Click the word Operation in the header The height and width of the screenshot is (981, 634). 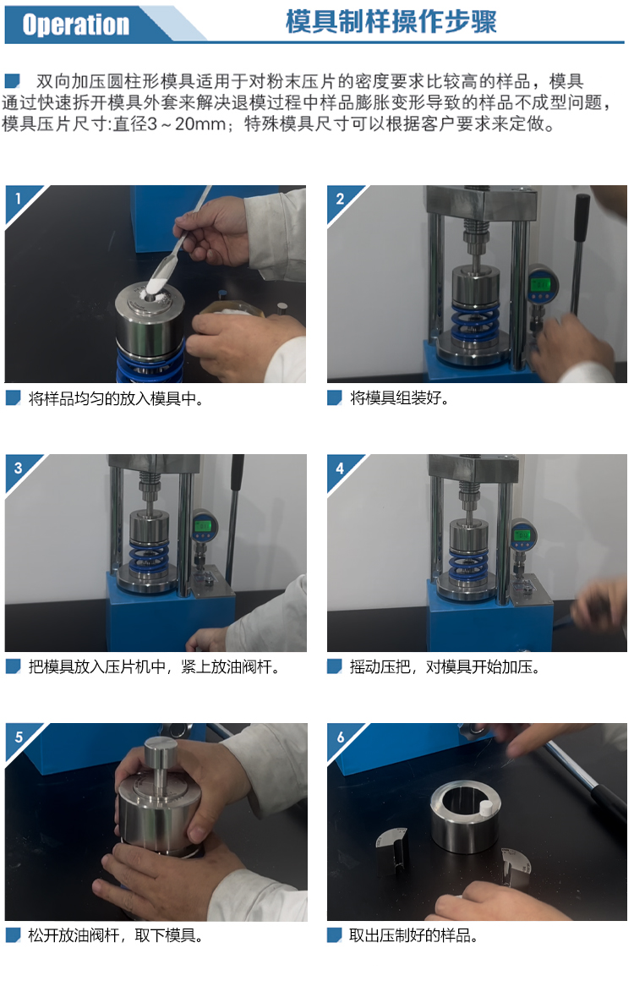[x=75, y=25]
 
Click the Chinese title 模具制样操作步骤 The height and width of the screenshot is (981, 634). [x=391, y=22]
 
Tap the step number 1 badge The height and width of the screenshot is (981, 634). [x=19, y=199]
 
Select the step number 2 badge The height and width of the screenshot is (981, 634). [x=340, y=199]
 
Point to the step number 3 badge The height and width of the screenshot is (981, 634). [x=19, y=468]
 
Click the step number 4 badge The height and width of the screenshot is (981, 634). [x=340, y=468]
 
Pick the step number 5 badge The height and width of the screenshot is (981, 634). [x=19, y=737]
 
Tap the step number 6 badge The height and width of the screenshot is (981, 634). [x=340, y=737]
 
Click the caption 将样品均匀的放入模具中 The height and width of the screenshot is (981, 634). [x=116, y=398]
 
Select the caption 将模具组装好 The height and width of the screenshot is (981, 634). [x=400, y=398]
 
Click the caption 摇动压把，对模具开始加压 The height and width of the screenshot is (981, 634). [x=445, y=667]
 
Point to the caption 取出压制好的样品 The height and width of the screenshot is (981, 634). [x=413, y=935]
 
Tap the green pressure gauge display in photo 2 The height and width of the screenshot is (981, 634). [x=539, y=284]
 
